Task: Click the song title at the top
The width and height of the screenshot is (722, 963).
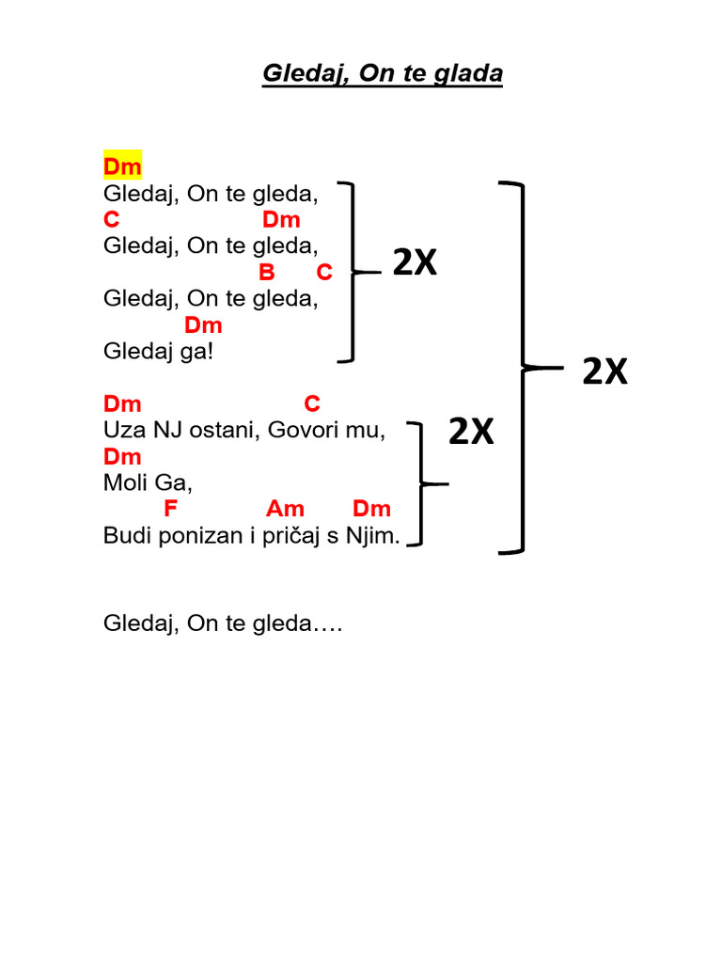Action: [382, 74]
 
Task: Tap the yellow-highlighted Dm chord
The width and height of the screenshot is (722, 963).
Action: [122, 167]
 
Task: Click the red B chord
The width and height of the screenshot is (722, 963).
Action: [267, 273]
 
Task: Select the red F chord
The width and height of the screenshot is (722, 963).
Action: [170, 510]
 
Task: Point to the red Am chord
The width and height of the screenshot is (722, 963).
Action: [286, 510]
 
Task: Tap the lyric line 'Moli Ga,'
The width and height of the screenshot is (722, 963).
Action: [148, 483]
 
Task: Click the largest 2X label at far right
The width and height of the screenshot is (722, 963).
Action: [604, 372]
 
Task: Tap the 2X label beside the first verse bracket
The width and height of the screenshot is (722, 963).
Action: [415, 265]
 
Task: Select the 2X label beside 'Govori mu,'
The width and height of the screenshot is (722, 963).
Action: [471, 433]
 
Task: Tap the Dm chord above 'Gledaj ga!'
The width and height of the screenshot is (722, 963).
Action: [203, 325]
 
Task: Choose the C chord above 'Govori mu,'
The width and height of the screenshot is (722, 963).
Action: [312, 404]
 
